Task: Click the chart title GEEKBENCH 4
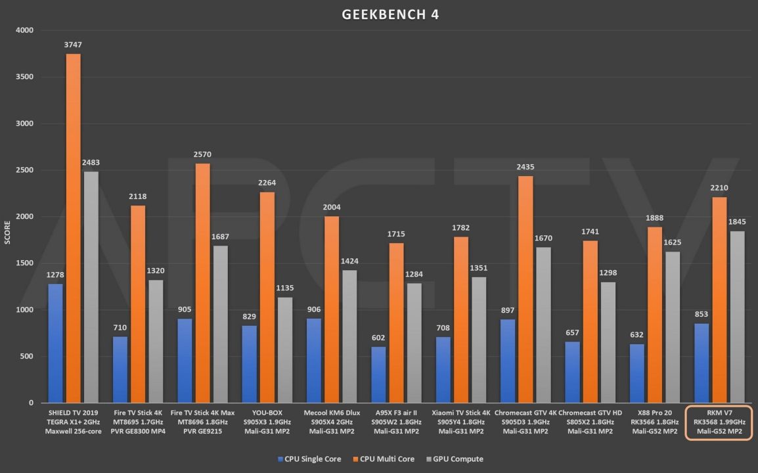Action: click(x=390, y=14)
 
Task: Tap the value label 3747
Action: click(x=73, y=45)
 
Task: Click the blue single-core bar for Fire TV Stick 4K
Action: click(x=120, y=370)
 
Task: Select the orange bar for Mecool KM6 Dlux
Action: click(x=331, y=309)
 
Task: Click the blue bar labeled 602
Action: click(x=378, y=374)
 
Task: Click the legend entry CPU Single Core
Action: click(x=309, y=459)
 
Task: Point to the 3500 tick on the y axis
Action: click(x=26, y=77)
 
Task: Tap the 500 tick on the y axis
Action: click(x=28, y=356)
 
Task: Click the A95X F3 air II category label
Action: click(x=396, y=422)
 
